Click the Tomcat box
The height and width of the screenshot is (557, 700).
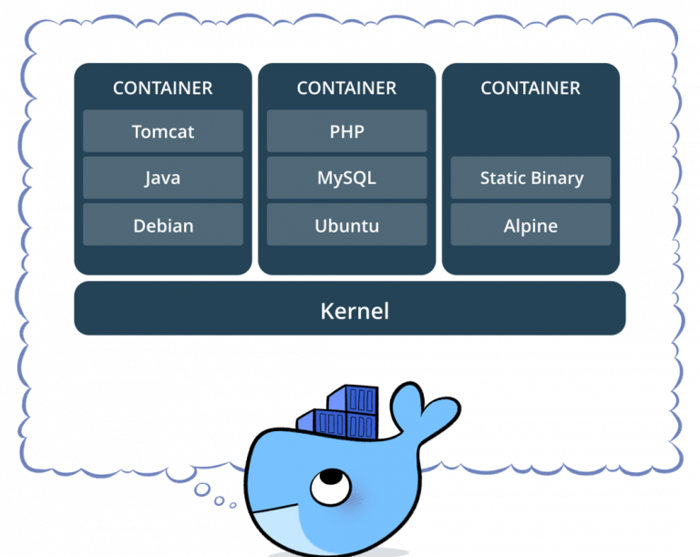163,130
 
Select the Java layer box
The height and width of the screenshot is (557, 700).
163,178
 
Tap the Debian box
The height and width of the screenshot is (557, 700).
163,225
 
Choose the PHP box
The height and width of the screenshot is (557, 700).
346,130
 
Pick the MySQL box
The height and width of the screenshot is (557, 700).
346,178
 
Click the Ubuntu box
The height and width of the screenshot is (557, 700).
346,225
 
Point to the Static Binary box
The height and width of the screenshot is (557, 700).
530,178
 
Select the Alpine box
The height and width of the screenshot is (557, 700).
530,225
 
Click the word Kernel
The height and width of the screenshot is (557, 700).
354,311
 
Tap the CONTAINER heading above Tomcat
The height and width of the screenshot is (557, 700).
162,88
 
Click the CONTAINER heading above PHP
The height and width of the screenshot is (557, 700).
346,88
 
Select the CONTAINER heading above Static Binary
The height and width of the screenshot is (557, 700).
530,88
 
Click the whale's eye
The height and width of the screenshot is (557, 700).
321,484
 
